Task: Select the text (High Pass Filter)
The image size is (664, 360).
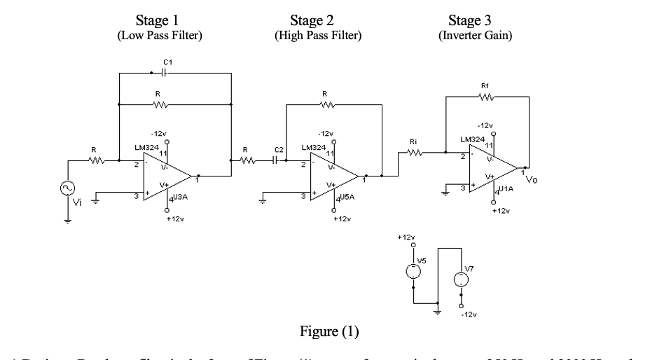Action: tap(319, 34)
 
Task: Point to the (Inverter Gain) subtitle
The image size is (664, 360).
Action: tap(475, 34)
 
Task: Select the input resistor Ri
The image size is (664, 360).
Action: tap(413, 151)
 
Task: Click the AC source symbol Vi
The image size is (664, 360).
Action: tap(68, 190)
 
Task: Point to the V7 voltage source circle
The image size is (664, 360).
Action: tap(462, 278)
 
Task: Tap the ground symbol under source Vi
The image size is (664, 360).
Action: tap(68, 219)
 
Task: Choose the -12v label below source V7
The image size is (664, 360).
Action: tap(469, 315)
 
